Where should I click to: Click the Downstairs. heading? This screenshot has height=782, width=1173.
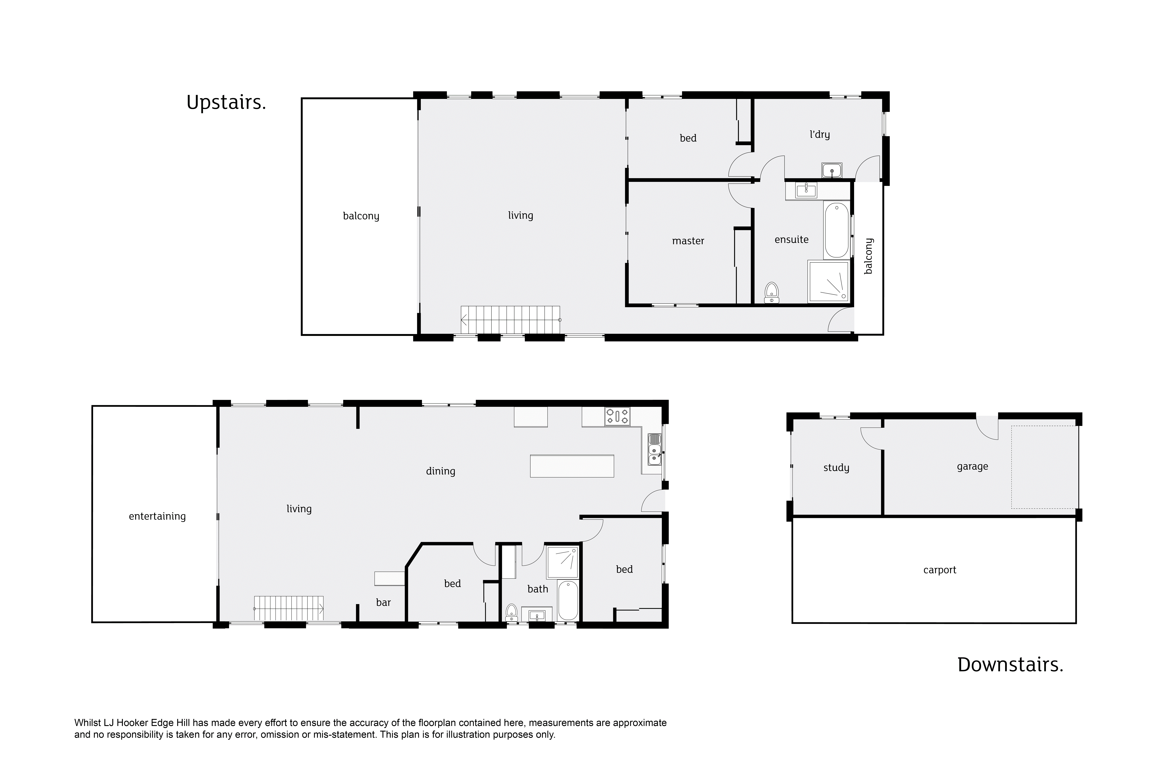click(x=1010, y=665)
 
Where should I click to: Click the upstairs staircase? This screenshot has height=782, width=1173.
click(x=510, y=320)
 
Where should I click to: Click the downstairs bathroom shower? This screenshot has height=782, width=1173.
click(x=563, y=562)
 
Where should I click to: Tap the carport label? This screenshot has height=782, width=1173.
click(x=940, y=570)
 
